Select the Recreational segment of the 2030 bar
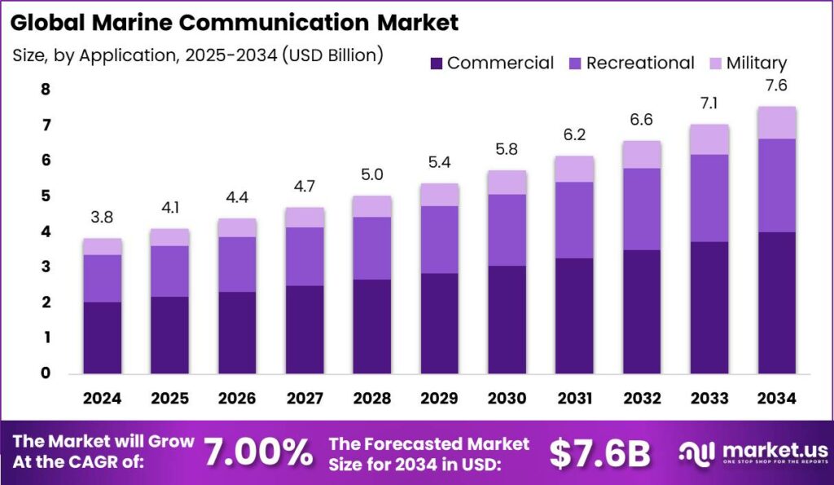[506, 230]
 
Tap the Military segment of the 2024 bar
[103, 246]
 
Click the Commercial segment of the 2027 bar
[304, 328]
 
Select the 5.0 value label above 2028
[371, 175]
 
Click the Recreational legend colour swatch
[574, 63]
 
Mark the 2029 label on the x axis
[438, 399]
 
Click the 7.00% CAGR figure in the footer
[257, 452]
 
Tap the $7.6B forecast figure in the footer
[599, 452]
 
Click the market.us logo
[753, 452]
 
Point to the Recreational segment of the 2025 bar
[169, 271]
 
